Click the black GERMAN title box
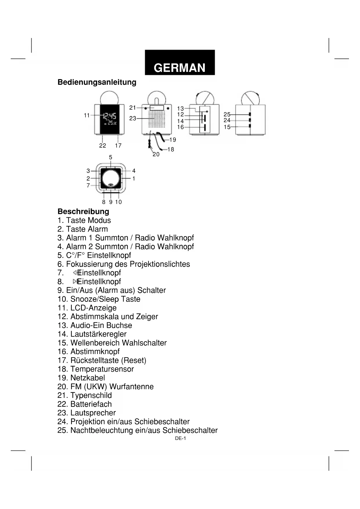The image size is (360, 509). pyautogui.click(x=180, y=63)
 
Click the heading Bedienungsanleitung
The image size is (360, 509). pyautogui.click(x=97, y=82)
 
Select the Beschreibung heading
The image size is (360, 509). pyautogui.click(x=83, y=211)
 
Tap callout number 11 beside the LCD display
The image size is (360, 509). pyautogui.click(x=87, y=115)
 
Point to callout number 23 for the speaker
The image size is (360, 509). pyautogui.click(x=133, y=118)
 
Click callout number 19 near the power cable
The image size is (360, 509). pyautogui.click(x=173, y=140)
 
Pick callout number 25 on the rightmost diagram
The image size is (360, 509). pyautogui.click(x=227, y=115)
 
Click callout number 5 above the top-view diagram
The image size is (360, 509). pyautogui.click(x=111, y=157)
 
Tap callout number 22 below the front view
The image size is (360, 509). pyautogui.click(x=103, y=146)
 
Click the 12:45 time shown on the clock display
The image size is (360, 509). pyautogui.click(x=110, y=116)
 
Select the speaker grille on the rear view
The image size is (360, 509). pyautogui.click(x=156, y=119)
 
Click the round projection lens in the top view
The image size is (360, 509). pyautogui.click(x=111, y=179)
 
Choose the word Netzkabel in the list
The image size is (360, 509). pyautogui.click(x=88, y=378)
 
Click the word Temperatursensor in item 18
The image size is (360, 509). pyautogui.click(x=102, y=369)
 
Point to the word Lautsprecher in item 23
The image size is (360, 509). pyautogui.click(x=93, y=413)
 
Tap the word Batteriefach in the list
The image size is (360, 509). pyautogui.click(x=91, y=404)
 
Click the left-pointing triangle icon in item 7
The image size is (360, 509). pyautogui.click(x=75, y=272)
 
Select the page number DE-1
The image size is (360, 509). pyautogui.click(x=180, y=438)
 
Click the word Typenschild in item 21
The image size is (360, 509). pyautogui.click(x=91, y=395)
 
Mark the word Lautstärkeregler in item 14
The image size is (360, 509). pyautogui.click(x=98, y=334)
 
